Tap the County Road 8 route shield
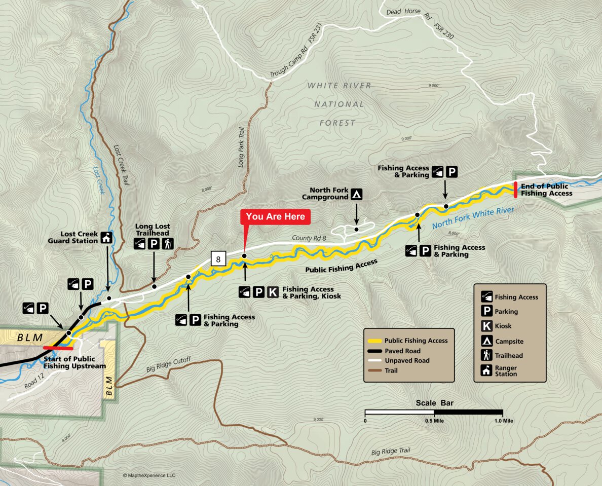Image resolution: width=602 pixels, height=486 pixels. click(218, 259)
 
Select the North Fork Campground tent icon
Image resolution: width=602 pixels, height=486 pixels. click(357, 194)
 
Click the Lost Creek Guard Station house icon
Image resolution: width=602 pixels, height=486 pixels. click(106, 237)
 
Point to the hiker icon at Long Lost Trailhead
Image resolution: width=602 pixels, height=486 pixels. click(168, 244)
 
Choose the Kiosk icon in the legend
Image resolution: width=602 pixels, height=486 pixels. click(486, 326)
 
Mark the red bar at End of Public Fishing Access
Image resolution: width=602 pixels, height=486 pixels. click(515, 190)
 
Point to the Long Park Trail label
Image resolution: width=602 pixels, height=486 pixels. click(242, 147)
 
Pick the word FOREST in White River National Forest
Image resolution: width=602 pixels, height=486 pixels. click(337, 123)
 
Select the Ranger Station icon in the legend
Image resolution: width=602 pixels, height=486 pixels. click(486, 370)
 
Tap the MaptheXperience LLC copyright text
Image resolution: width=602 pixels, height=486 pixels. click(149, 475)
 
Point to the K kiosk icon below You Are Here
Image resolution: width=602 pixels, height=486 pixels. click(273, 292)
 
